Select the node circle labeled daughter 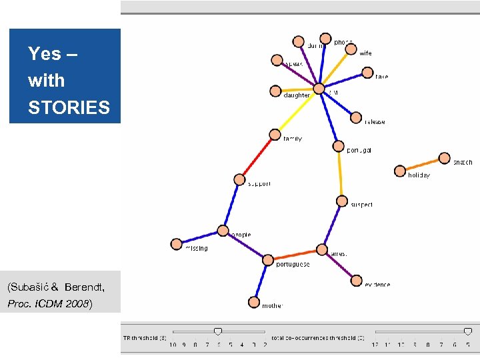[275, 91]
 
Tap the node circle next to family [275, 135]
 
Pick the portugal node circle [337, 146]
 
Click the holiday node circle [400, 171]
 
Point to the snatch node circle [445, 158]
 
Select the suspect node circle [341, 201]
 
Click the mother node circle [254, 302]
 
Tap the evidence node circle [356, 281]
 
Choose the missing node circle [176, 244]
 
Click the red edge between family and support [257, 157]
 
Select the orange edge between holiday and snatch [422, 165]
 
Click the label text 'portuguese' [293, 265]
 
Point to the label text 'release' [375, 122]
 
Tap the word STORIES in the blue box [69, 107]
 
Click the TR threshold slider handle [217, 331]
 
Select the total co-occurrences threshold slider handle [468, 331]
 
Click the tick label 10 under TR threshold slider [173, 345]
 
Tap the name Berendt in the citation [84, 287]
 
